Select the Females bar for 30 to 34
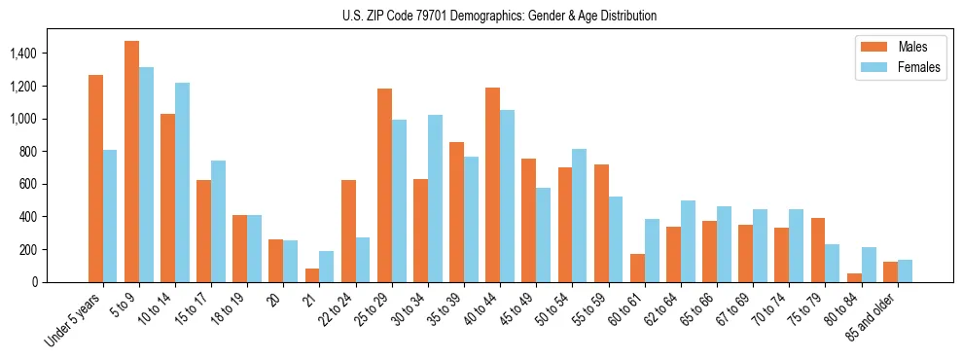pyautogui.click(x=435, y=198)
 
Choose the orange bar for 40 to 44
pyautogui.click(x=492, y=185)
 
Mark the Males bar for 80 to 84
pyautogui.click(x=854, y=277)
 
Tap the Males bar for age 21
pyautogui.click(x=312, y=275)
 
